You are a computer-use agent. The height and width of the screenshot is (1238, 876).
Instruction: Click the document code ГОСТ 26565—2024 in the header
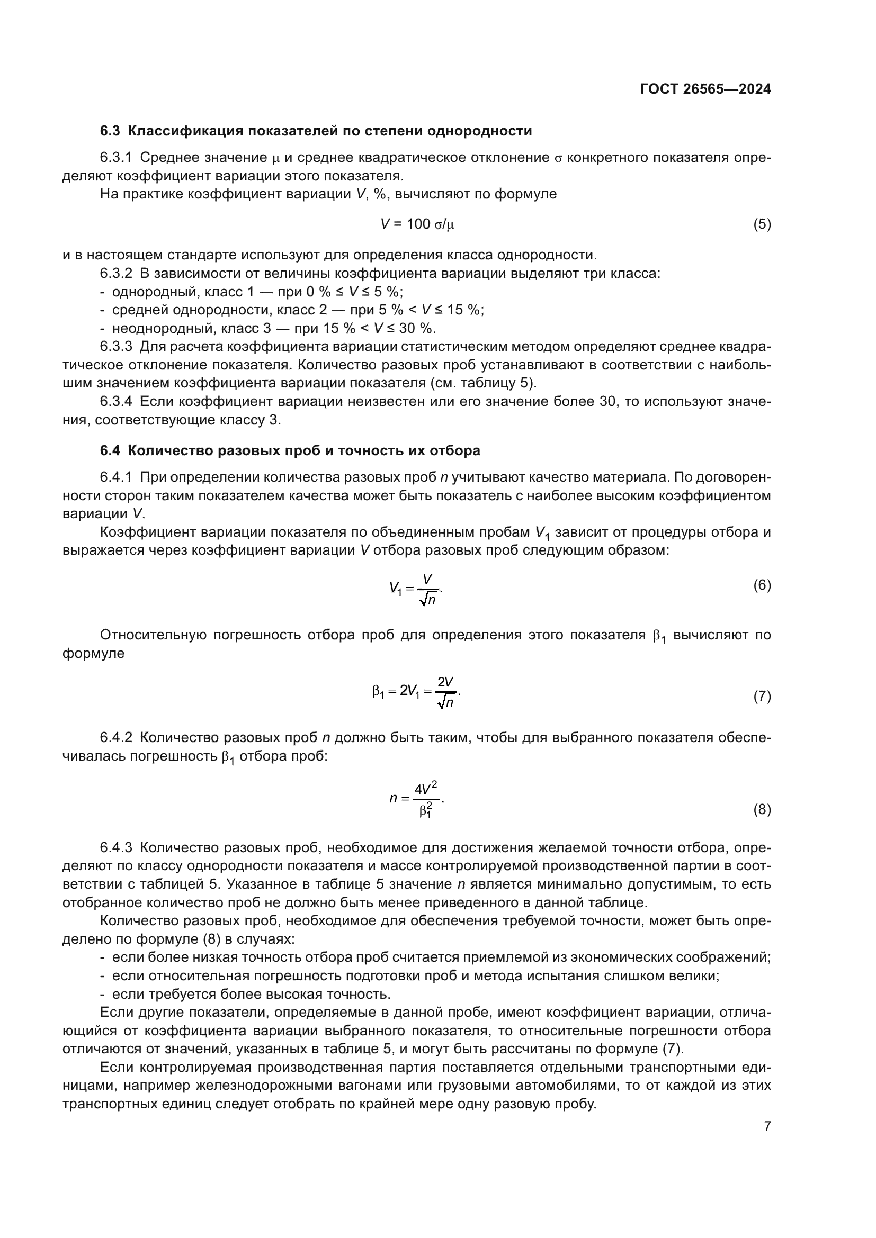[x=705, y=89]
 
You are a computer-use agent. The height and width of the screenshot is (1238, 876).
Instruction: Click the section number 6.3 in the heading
[x=111, y=131]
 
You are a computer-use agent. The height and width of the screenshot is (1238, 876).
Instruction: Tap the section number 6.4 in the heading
[x=111, y=450]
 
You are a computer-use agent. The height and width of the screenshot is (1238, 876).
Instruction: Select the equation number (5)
[x=762, y=224]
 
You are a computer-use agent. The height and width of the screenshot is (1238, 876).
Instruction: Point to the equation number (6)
[x=762, y=585]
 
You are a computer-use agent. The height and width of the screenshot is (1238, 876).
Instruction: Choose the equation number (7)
[x=762, y=696]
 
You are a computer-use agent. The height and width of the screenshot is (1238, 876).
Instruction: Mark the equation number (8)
[x=762, y=809]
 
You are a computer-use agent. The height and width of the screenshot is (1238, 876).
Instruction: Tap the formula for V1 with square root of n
[x=416, y=589]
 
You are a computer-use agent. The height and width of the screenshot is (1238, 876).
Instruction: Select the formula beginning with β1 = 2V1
[x=416, y=692]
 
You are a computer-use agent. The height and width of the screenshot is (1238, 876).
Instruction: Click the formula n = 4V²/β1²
[x=416, y=799]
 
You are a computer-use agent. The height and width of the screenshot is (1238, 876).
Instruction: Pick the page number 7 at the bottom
[x=767, y=1126]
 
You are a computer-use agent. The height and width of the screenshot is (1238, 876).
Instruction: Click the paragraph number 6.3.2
[x=116, y=273]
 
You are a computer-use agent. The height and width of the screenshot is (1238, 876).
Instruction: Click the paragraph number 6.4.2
[x=116, y=738]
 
